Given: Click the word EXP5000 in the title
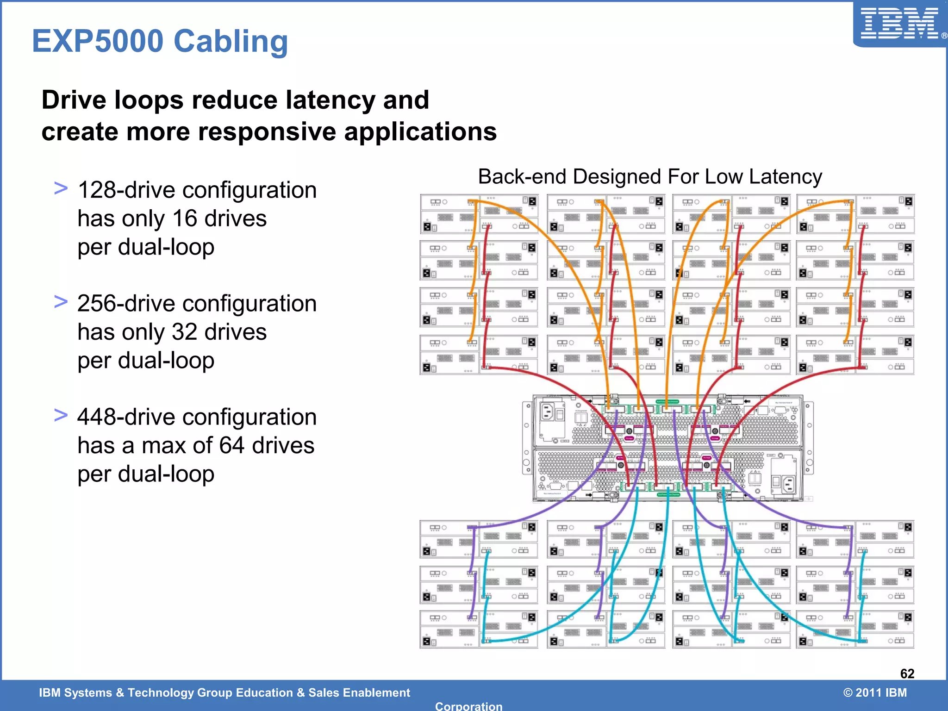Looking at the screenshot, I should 98,41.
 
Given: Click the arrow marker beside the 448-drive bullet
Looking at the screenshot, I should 61,415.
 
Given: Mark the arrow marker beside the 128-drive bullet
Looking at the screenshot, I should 61,188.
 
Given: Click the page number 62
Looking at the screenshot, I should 907,674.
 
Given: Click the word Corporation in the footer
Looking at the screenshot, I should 468,706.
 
